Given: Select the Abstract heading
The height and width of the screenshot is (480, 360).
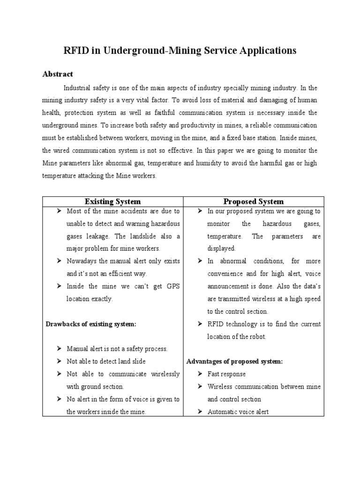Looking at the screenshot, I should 58,74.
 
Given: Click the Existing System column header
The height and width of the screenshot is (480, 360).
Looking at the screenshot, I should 112,201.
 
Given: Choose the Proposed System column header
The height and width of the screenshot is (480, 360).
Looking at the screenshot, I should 253,201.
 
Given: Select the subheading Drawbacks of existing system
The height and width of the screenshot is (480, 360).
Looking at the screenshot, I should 90,324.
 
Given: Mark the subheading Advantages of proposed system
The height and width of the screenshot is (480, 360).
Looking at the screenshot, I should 234,361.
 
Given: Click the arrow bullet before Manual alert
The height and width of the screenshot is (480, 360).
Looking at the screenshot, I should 59,349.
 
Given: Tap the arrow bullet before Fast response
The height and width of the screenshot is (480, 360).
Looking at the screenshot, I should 200,374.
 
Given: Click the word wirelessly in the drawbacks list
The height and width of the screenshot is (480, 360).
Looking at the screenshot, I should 165,374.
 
